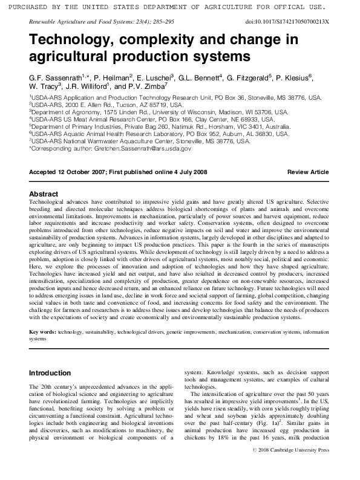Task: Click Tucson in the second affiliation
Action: pos(116,104)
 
